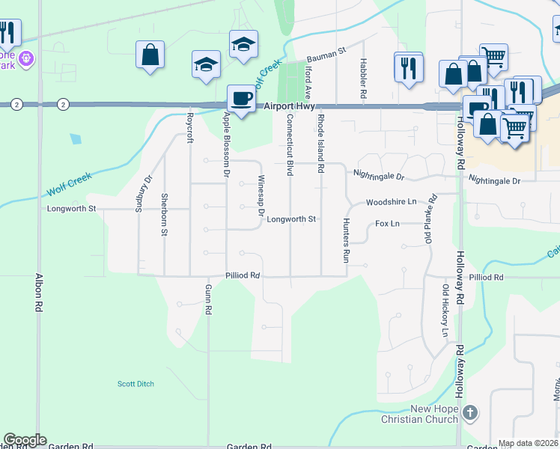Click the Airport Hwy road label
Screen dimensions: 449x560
click(287, 108)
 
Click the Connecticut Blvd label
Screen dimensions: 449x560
click(288, 145)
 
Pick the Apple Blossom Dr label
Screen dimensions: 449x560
click(226, 144)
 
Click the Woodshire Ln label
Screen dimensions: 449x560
click(391, 202)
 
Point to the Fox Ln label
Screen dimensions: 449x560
click(387, 224)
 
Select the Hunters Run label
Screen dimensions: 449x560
click(346, 240)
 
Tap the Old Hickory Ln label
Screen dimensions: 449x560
click(445, 311)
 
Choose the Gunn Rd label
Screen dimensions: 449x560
click(210, 299)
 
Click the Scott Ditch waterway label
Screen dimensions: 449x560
click(136, 384)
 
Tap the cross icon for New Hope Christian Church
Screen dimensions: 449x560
click(469, 412)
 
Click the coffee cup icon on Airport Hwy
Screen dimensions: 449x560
click(242, 98)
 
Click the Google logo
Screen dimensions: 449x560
click(25, 440)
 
